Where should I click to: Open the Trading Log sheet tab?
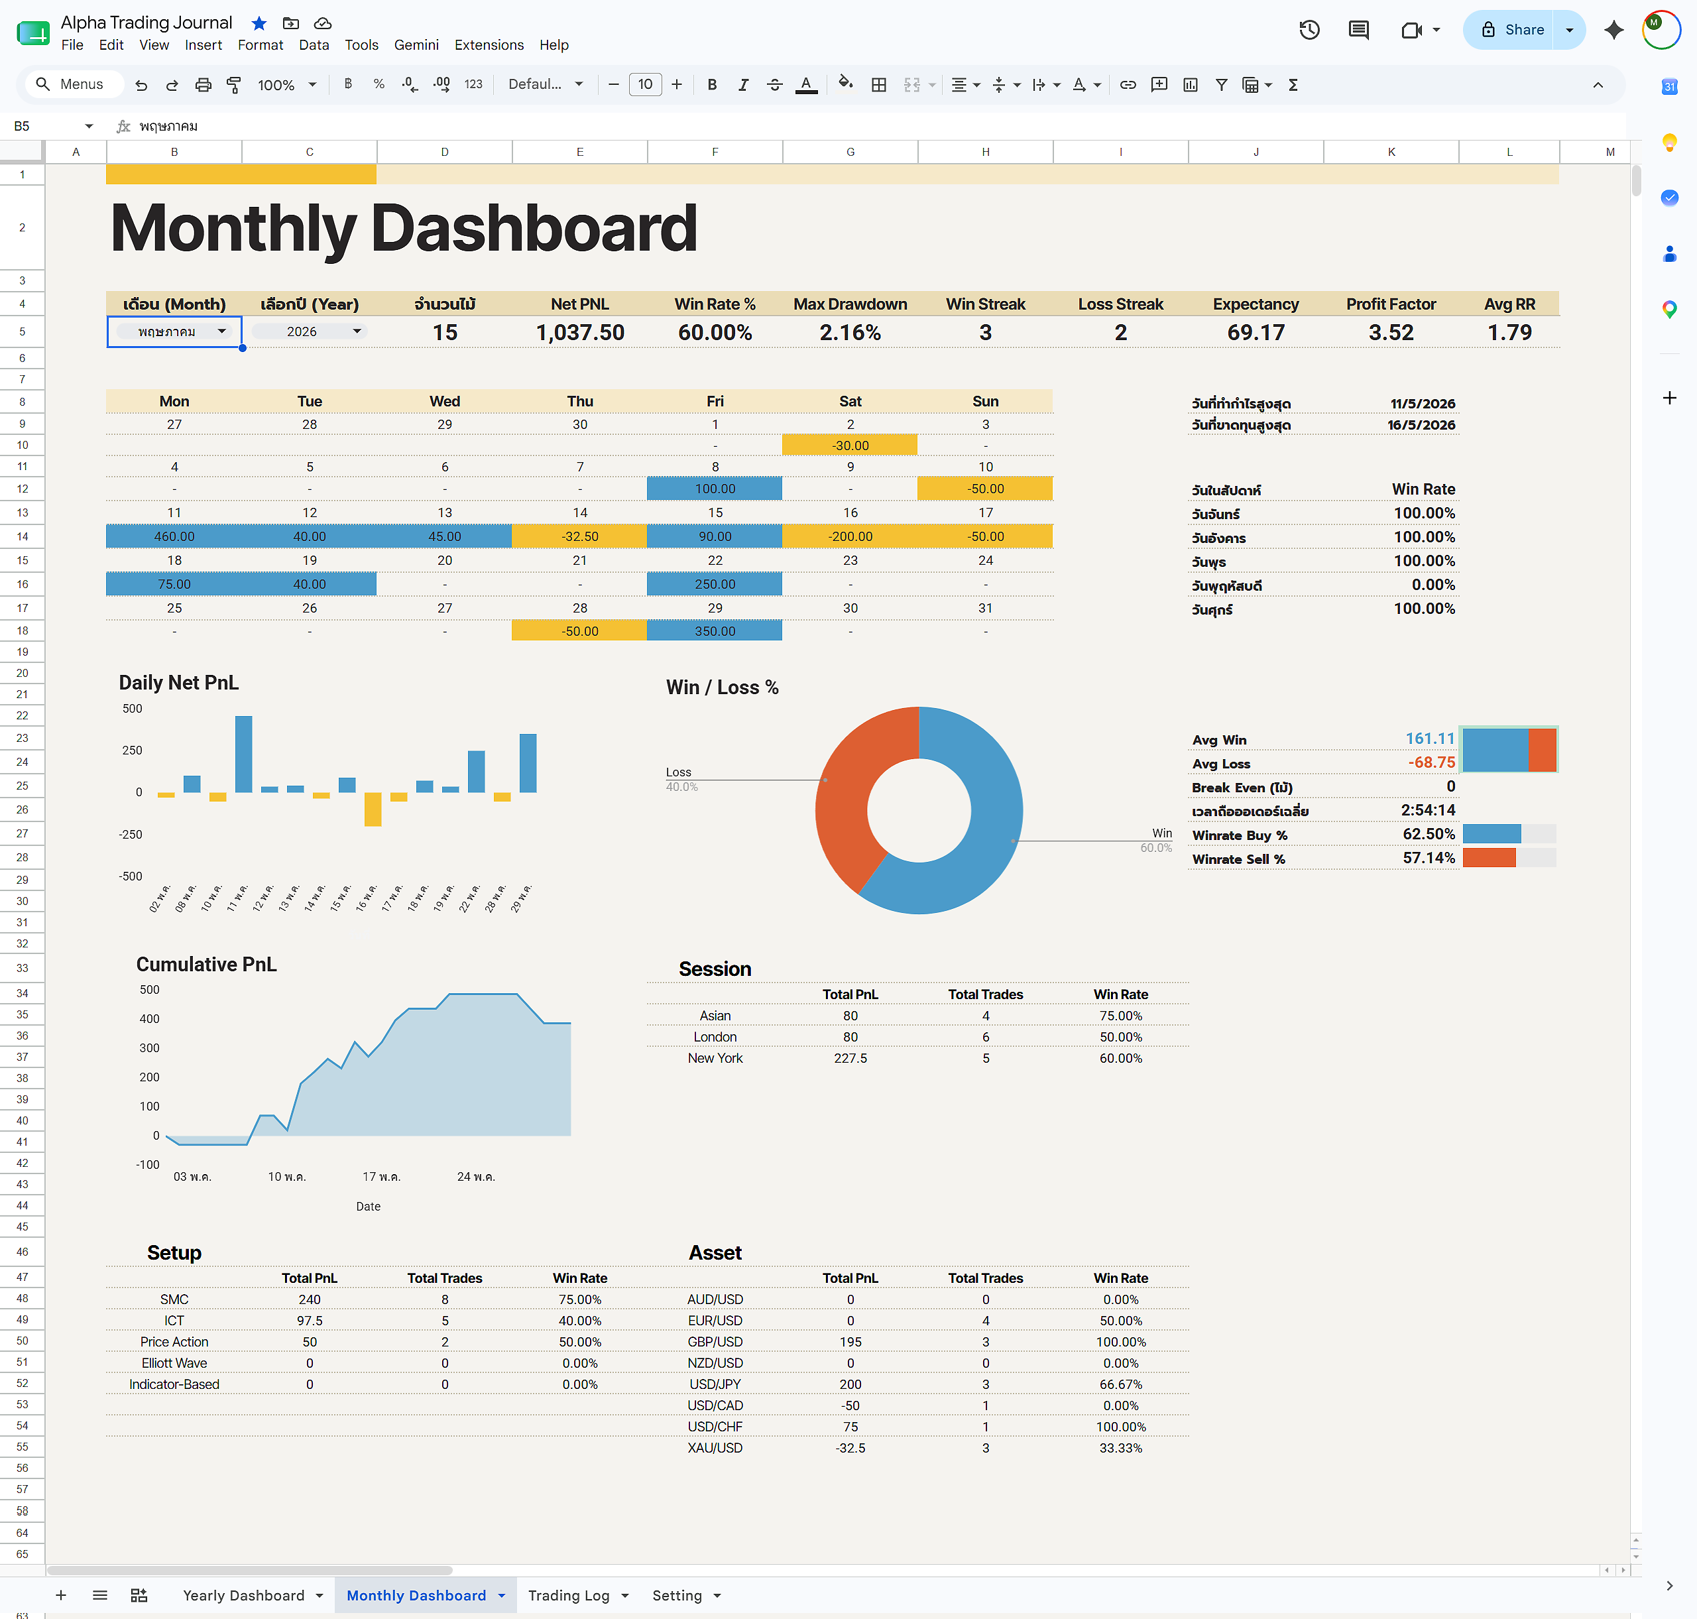pos(569,1596)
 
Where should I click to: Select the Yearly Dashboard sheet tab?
pos(243,1596)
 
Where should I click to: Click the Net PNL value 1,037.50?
pos(580,332)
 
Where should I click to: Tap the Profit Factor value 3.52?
pos(1391,332)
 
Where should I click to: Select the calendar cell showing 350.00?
pos(715,631)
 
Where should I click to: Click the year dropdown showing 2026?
pos(310,331)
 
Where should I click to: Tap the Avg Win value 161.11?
pos(1430,739)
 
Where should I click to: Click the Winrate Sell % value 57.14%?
pos(1429,858)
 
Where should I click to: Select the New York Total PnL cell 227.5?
pos(850,1058)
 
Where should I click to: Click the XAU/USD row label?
pos(715,1448)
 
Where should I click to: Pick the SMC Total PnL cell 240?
pos(310,1299)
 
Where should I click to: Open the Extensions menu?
pos(489,45)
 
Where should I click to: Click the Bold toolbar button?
pos(712,85)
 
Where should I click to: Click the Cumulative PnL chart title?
pos(206,965)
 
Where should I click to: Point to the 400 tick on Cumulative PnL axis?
pos(149,1019)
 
